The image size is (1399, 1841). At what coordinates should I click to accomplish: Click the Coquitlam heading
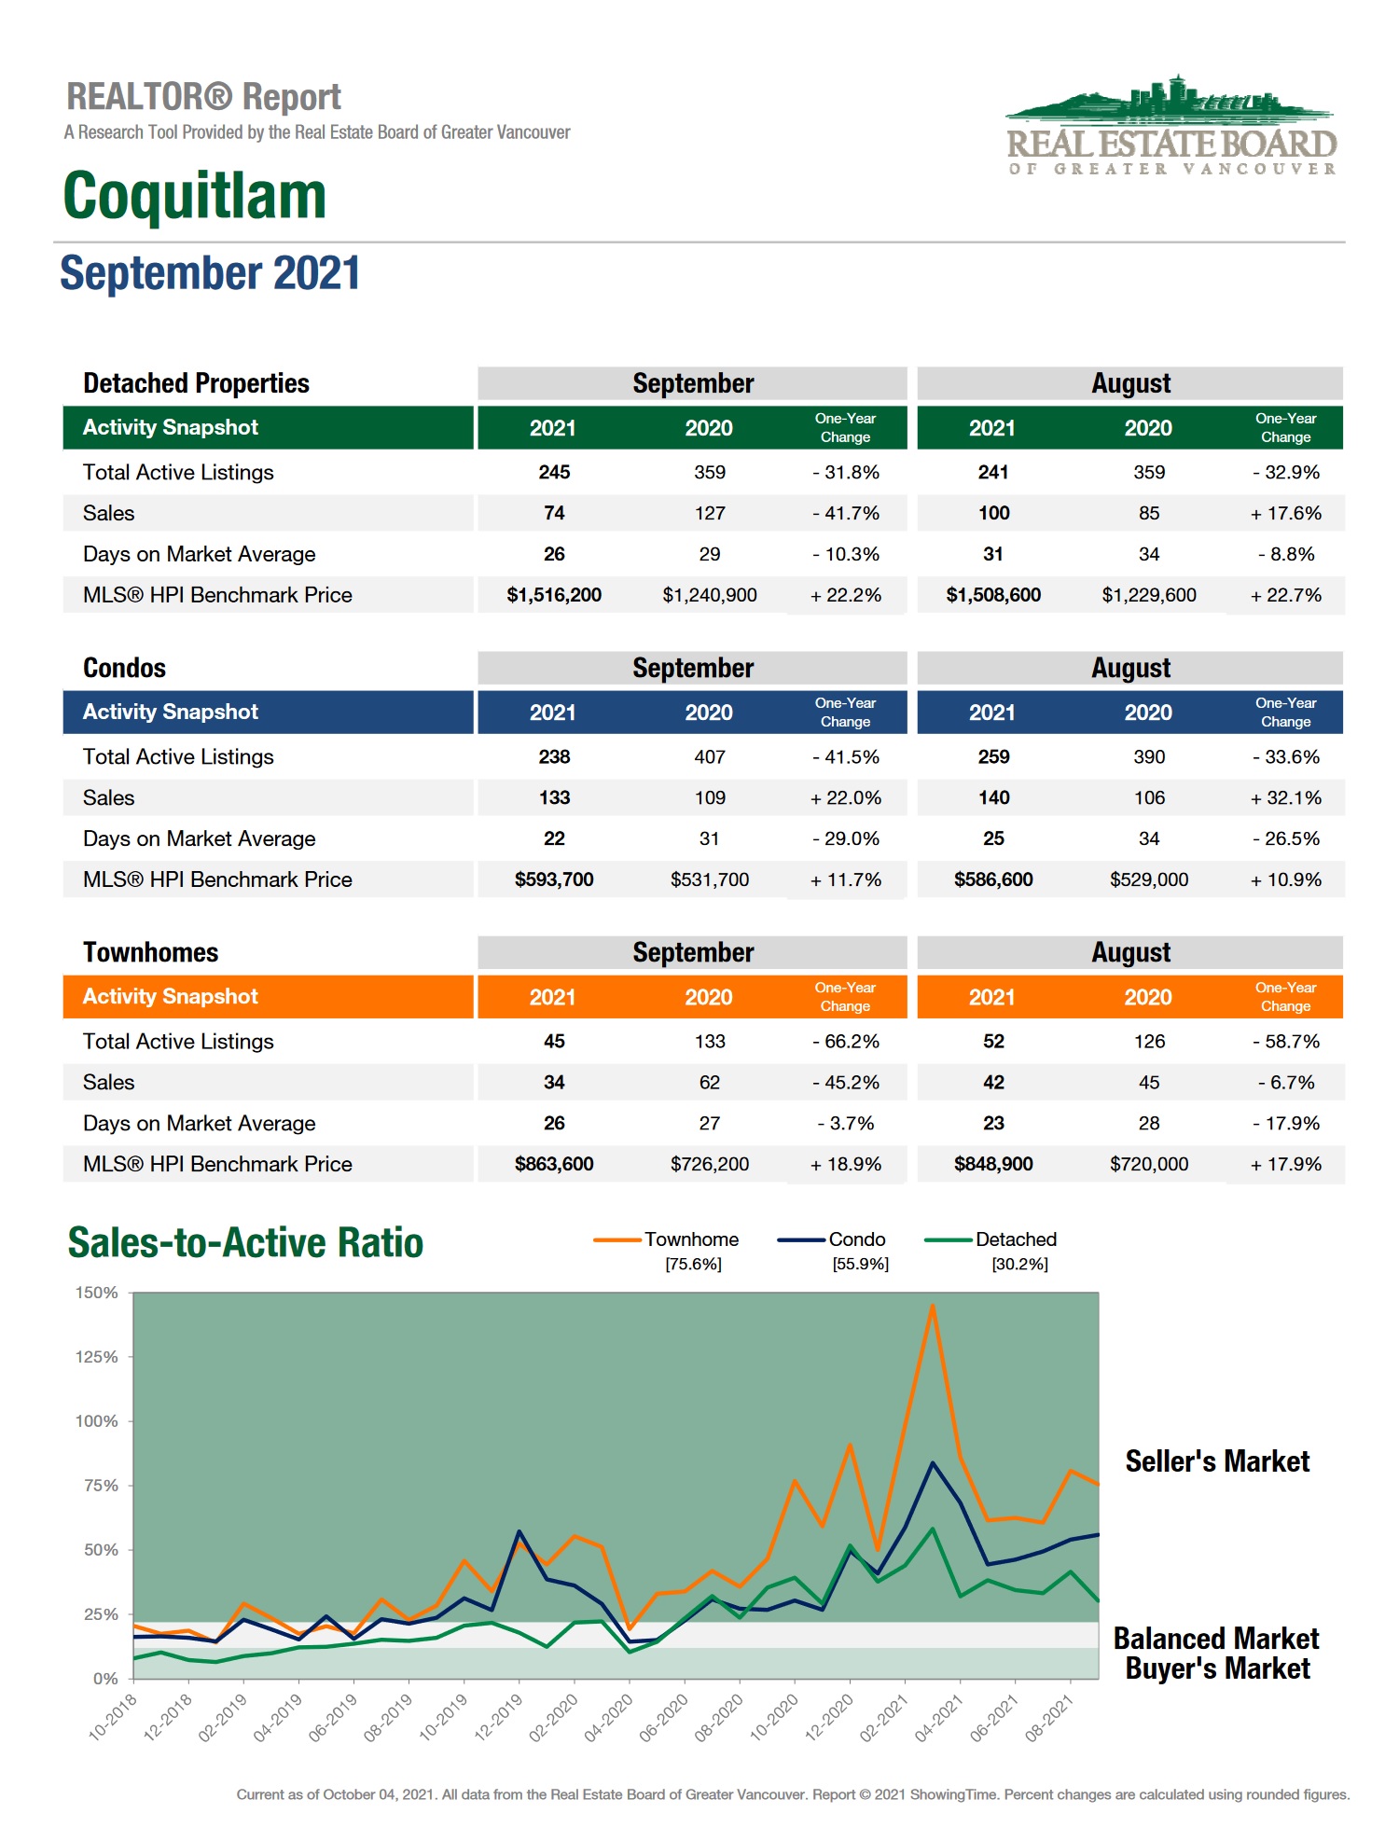[x=195, y=196]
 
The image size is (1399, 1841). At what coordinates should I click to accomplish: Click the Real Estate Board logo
[x=1171, y=127]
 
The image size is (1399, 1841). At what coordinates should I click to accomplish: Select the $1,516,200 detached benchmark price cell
[x=554, y=595]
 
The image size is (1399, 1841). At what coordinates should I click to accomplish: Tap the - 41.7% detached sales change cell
[x=846, y=513]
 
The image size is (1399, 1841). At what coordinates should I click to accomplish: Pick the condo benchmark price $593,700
[x=554, y=879]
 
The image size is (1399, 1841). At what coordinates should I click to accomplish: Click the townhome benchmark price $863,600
[x=554, y=1164]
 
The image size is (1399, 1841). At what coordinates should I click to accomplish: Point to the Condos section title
[x=124, y=668]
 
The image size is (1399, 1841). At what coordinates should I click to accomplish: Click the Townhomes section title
[x=150, y=952]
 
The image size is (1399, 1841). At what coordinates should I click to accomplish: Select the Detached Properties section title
[x=196, y=383]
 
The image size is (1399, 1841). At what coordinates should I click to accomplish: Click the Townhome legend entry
[x=691, y=1239]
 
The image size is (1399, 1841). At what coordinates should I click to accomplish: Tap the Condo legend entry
[x=856, y=1239]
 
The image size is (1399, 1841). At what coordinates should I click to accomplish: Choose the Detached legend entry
[x=1016, y=1239]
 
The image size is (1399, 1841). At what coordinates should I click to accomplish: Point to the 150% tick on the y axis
[x=97, y=1293]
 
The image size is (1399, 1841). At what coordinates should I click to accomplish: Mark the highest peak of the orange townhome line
[x=932, y=1306]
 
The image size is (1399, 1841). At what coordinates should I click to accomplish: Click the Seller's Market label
[x=1217, y=1461]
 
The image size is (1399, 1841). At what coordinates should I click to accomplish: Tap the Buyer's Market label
[x=1217, y=1668]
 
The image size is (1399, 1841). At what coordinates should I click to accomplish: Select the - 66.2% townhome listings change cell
[x=846, y=1041]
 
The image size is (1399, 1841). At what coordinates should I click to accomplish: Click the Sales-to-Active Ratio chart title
[x=245, y=1243]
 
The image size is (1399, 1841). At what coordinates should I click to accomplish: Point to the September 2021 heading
[x=210, y=273]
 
